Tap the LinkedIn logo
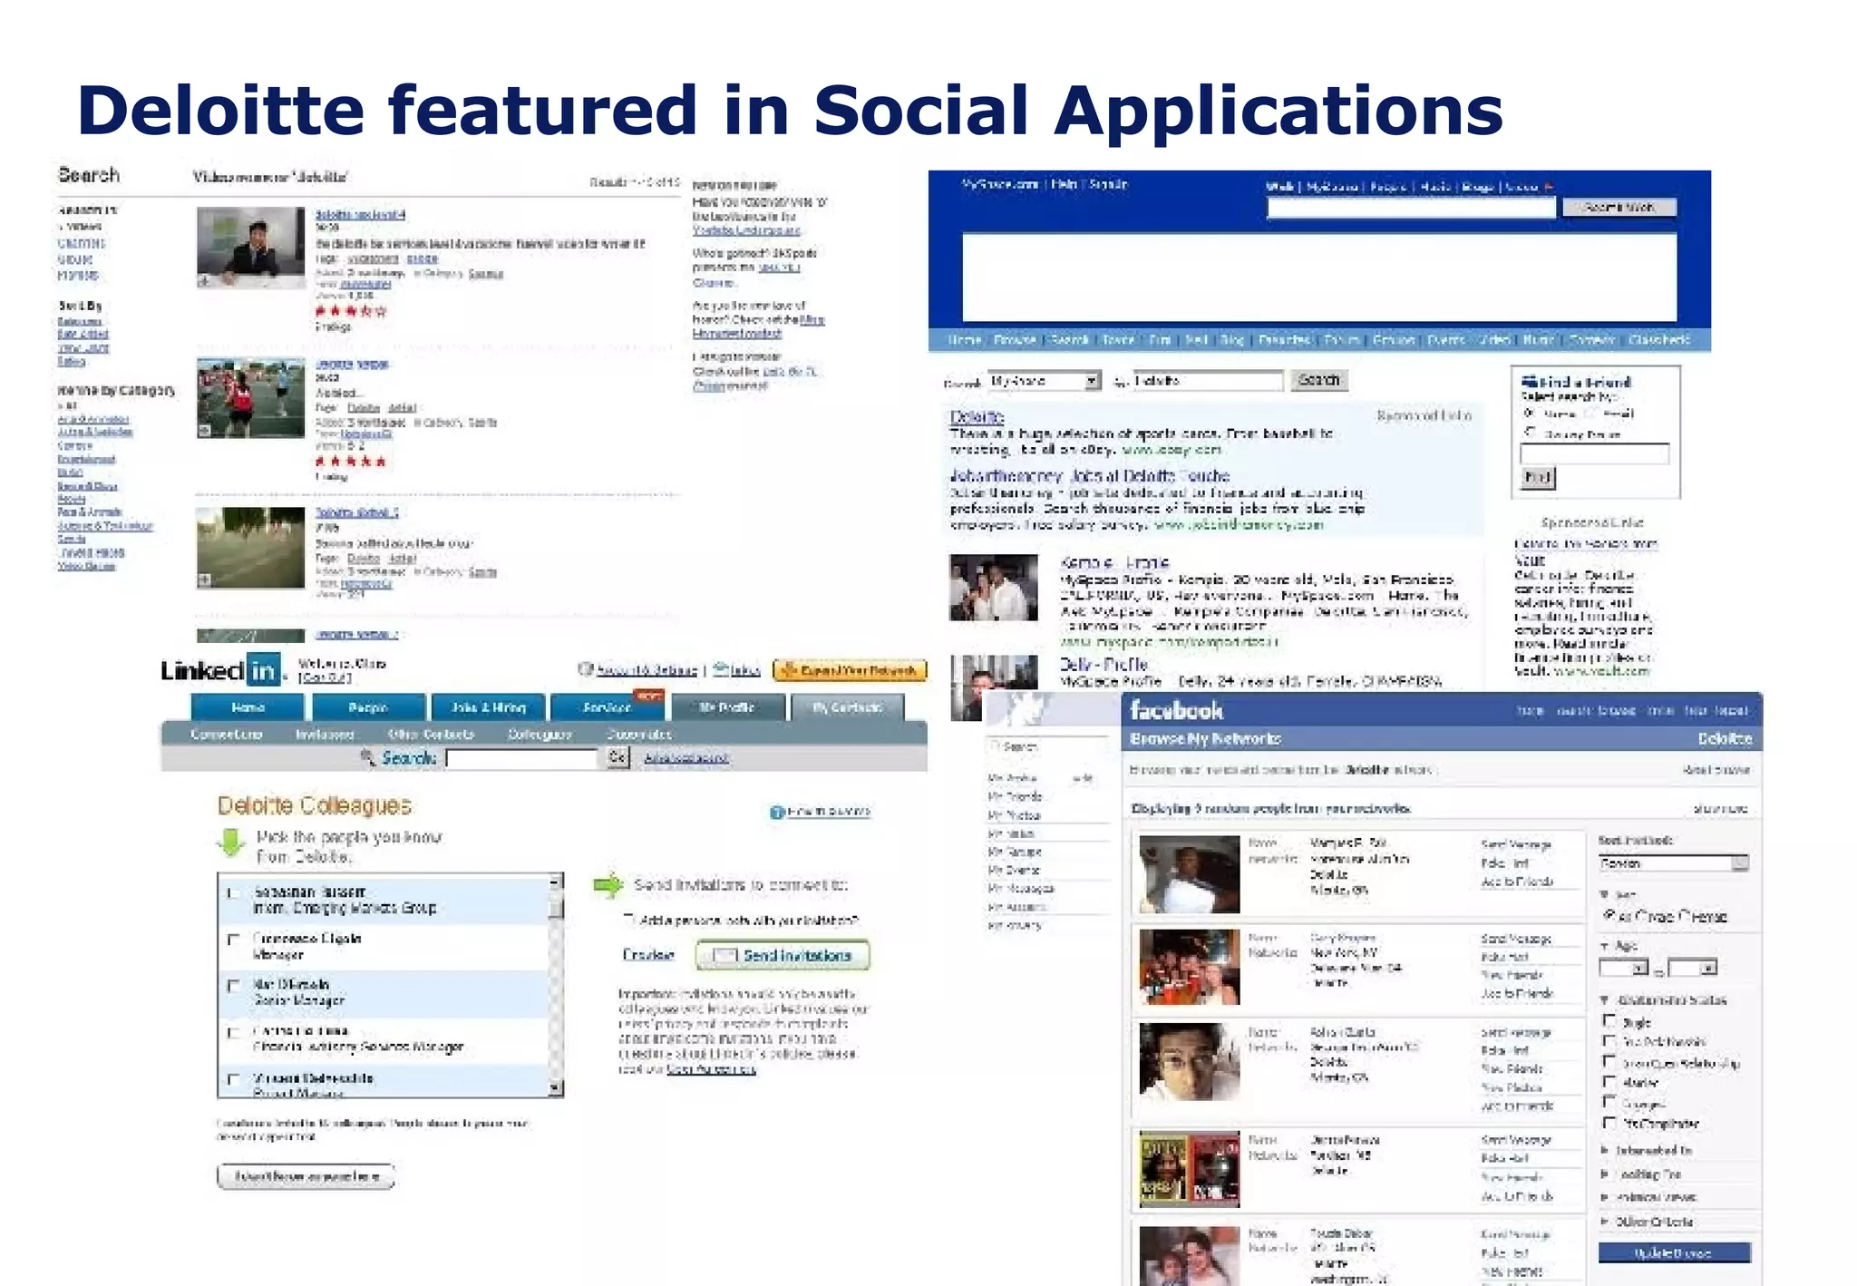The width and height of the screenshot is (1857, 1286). (220, 670)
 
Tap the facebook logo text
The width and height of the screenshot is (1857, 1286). (1177, 710)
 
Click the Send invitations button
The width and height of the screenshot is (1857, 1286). (783, 955)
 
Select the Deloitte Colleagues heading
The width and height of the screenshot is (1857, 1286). (314, 805)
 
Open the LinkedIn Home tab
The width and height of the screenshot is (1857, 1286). (248, 707)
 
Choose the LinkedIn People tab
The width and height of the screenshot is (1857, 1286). (368, 707)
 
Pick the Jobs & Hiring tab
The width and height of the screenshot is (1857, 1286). (488, 707)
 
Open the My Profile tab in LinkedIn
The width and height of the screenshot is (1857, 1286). (726, 707)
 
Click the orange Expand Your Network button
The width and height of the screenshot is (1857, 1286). (850, 671)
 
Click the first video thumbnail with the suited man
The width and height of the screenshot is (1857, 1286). (250, 248)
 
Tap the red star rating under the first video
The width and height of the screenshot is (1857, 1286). (350, 311)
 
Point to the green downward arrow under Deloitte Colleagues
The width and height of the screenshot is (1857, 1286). (231, 843)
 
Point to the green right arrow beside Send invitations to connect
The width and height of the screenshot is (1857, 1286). (608, 884)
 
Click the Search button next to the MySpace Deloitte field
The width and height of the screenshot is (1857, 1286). (1318, 380)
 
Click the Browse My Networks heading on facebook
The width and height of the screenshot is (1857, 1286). (1205, 739)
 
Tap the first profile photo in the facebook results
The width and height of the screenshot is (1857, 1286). (1189, 874)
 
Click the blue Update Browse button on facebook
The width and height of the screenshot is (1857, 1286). (1673, 1253)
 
